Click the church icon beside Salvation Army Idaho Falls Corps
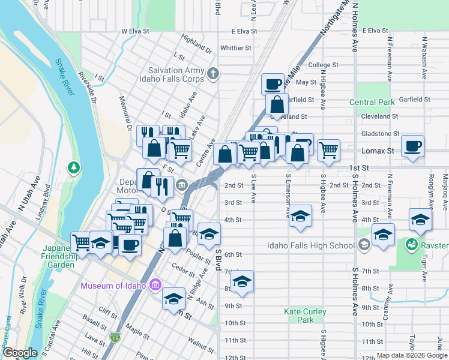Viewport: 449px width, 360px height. (x=212, y=74)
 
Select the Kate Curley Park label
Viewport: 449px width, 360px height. (x=306, y=316)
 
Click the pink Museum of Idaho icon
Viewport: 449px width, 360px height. (x=155, y=284)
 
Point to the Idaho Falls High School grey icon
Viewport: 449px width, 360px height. (x=364, y=245)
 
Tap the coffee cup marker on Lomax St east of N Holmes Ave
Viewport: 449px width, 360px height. (x=412, y=146)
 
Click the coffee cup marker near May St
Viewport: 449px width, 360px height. (x=273, y=83)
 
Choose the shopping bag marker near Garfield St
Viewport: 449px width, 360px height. (x=277, y=104)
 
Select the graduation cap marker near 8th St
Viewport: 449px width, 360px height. (x=242, y=281)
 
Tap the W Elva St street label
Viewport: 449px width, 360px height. (x=135, y=31)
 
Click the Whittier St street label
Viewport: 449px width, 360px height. (x=235, y=48)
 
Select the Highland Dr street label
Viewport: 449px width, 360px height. (x=196, y=43)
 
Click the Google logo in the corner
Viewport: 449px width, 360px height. (x=20, y=353)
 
